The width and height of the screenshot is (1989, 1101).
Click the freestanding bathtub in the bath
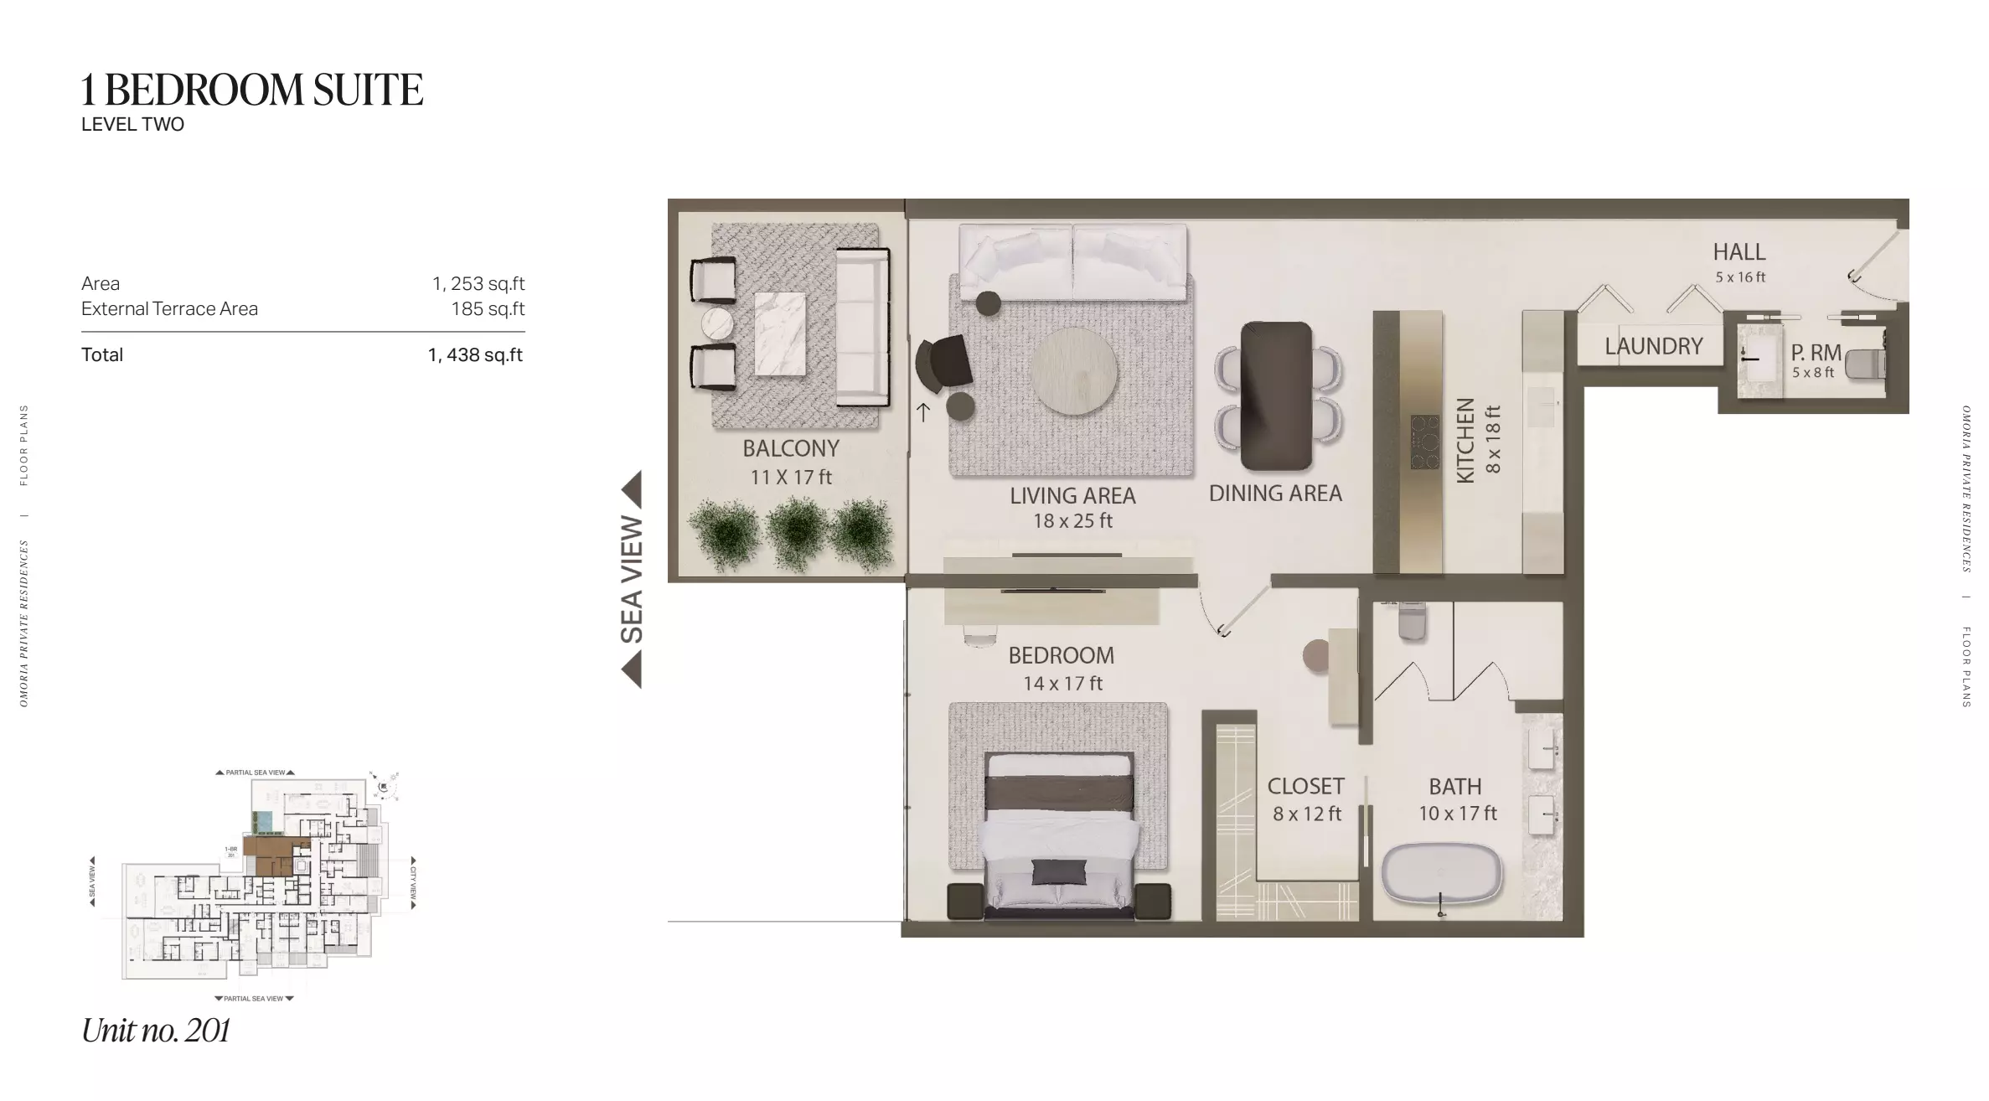[x=1441, y=875]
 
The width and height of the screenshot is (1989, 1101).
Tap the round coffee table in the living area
[x=1073, y=370]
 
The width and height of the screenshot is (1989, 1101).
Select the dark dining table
[x=1275, y=395]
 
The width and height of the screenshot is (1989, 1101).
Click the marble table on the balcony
[x=780, y=333]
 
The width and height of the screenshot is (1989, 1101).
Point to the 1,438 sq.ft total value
[x=475, y=355]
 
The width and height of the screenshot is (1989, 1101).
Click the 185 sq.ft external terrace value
[x=488, y=309]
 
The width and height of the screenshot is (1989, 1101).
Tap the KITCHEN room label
[x=1465, y=440]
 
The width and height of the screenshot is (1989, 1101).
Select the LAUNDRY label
[x=1653, y=346]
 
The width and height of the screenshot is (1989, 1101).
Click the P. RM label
[x=1816, y=354]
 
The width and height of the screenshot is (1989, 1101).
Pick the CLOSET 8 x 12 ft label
[x=1305, y=799]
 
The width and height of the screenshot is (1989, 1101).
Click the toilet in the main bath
[x=1412, y=621]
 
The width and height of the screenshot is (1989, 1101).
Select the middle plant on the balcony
[x=796, y=532]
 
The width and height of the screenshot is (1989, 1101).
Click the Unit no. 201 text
[x=156, y=1031]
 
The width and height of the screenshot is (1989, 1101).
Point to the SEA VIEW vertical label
[x=631, y=580]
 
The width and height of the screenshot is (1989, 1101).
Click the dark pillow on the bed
[x=1058, y=871]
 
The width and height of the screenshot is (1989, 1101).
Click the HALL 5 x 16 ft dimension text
[x=1739, y=277]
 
